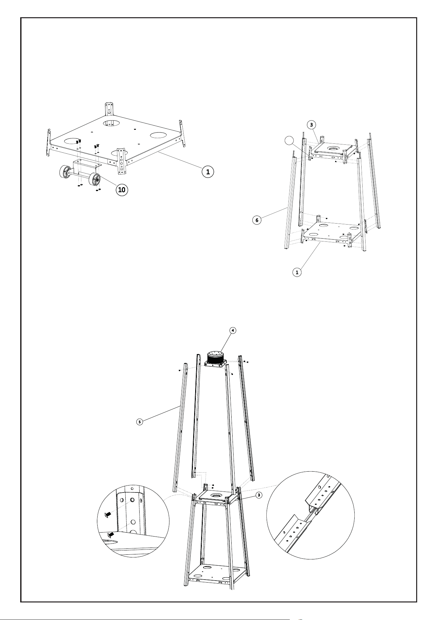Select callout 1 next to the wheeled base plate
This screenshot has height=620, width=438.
[x=208, y=172]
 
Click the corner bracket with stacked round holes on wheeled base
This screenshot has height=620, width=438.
[x=121, y=160]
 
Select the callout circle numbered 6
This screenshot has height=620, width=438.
[x=257, y=219]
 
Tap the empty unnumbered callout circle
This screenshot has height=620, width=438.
[x=289, y=140]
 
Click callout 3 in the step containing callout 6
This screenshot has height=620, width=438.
[x=311, y=125]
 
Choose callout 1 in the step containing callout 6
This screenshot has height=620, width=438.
[x=297, y=272]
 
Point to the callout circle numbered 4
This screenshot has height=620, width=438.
[x=233, y=330]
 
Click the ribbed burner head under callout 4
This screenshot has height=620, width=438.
[x=215, y=358]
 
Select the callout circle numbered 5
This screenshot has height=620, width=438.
[x=140, y=422]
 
